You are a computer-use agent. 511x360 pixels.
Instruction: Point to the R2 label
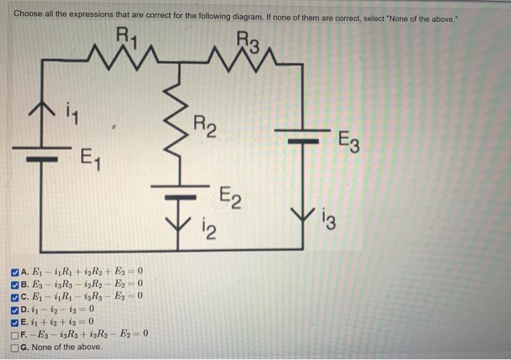coord(205,126)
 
